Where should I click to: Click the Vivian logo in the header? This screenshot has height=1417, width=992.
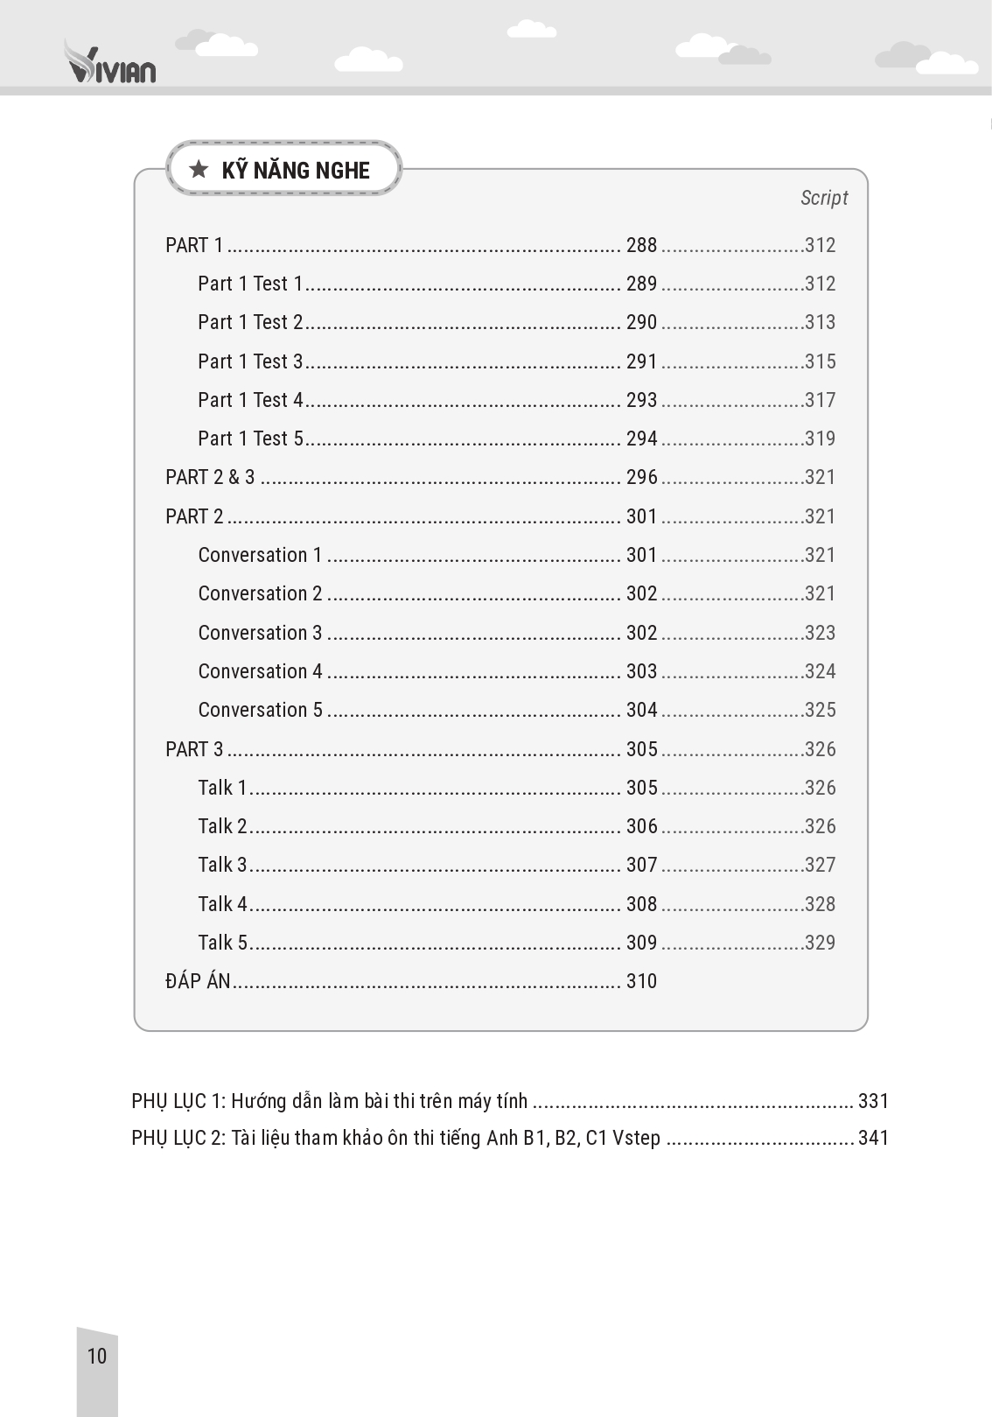point(110,63)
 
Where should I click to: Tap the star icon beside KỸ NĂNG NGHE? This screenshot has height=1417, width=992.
point(199,169)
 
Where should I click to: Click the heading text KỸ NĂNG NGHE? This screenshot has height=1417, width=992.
point(296,171)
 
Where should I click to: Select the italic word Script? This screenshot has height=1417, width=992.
point(824,198)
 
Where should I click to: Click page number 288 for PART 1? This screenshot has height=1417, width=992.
point(641,245)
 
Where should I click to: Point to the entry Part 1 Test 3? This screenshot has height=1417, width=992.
point(250,361)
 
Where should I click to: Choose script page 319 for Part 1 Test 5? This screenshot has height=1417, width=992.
point(820,438)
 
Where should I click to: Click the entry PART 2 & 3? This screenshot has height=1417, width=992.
point(210,477)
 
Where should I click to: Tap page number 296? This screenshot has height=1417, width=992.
point(641,477)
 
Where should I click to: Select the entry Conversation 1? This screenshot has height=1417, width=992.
point(260,555)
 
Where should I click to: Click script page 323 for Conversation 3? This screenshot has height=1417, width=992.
point(820,633)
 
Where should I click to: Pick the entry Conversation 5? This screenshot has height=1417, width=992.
point(260,710)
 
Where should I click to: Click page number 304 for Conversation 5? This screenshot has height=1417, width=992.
point(641,710)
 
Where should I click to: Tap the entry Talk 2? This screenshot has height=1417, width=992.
point(222,826)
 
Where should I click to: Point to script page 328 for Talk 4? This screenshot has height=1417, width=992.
point(820,904)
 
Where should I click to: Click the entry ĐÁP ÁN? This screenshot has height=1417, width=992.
point(198,981)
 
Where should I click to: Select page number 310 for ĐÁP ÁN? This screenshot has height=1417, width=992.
point(641,981)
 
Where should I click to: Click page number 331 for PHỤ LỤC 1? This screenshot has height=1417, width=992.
point(873,1101)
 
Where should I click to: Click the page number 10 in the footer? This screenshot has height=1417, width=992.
point(96,1356)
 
